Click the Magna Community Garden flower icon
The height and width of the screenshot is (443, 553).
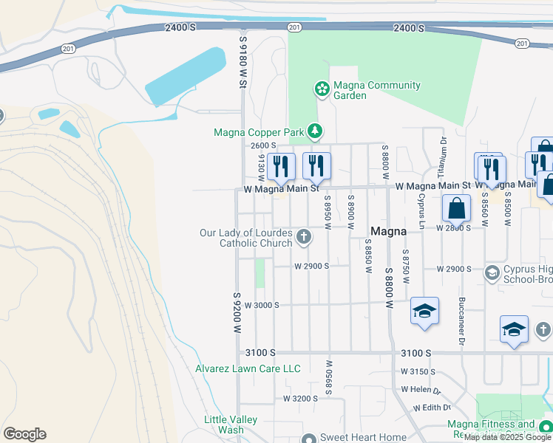[322, 90]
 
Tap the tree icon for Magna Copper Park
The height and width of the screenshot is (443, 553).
[316, 131]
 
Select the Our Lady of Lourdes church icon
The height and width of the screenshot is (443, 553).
[302, 237]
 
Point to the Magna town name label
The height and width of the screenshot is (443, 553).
[388, 231]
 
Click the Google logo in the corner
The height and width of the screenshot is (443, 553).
[24, 434]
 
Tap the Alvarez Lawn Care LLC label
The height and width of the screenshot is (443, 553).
[248, 368]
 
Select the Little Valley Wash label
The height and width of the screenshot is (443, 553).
[231, 425]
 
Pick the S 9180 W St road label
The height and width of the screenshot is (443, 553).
[242, 61]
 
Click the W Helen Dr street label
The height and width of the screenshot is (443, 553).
[421, 389]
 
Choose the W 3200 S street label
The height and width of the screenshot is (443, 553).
[300, 398]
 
